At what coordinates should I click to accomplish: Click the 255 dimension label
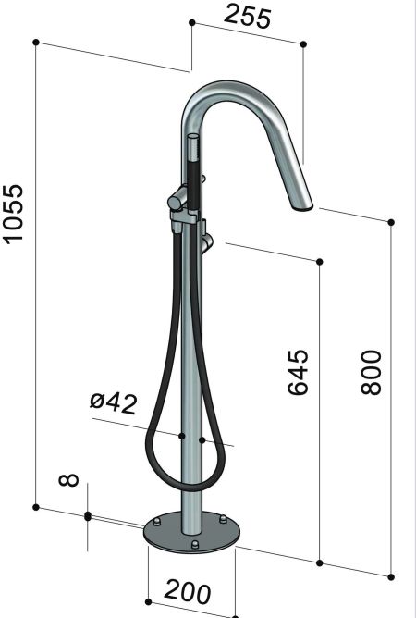(249, 17)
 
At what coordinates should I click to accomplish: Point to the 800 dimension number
(371, 374)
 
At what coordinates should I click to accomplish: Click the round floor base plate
(191, 535)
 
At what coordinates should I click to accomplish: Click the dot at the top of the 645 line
(319, 263)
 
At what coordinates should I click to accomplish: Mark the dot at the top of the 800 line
(391, 222)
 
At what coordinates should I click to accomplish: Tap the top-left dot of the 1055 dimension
(35, 42)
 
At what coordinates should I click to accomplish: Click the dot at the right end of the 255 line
(303, 43)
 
